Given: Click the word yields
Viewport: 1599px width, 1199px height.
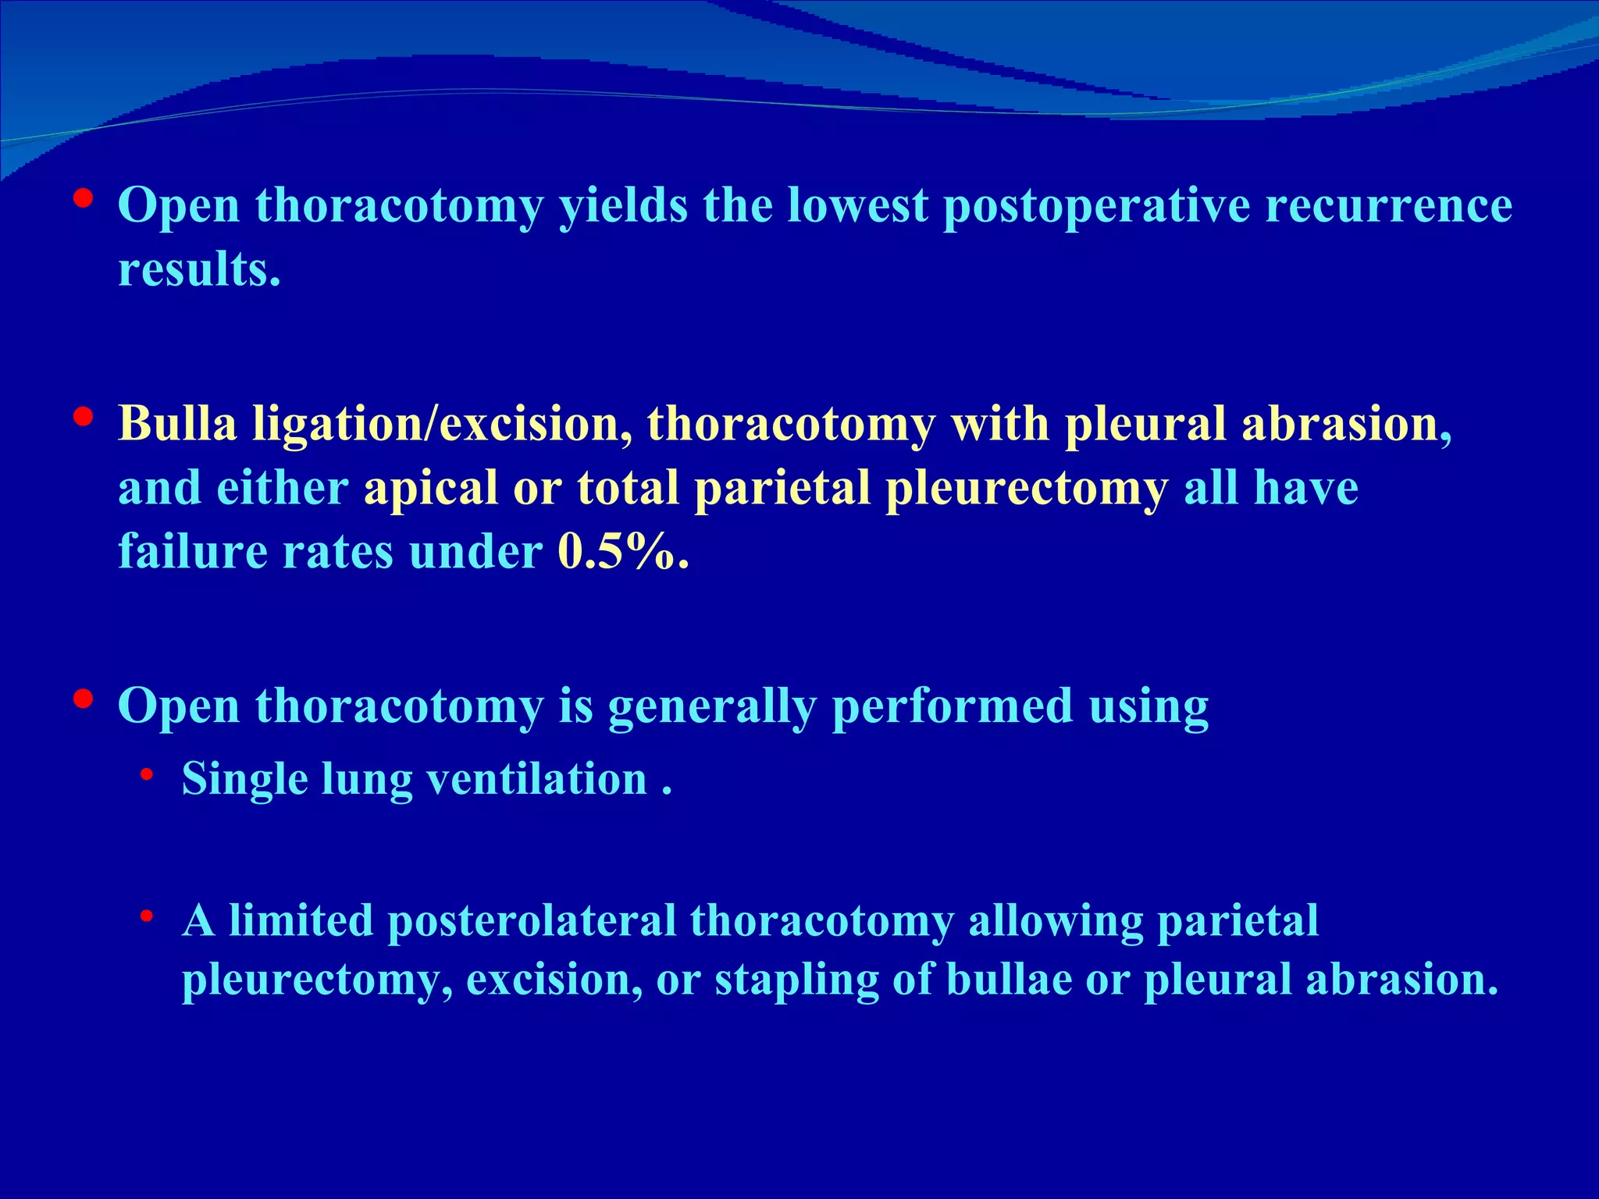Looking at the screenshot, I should point(622,206).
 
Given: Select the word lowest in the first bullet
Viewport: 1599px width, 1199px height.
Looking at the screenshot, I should point(857,206).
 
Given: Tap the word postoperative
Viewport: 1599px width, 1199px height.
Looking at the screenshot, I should point(1096,206).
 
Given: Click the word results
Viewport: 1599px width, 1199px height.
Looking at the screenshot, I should point(198,270).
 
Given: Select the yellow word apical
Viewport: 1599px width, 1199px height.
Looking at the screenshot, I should point(430,489).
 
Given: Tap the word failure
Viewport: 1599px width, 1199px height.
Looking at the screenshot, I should point(192,552).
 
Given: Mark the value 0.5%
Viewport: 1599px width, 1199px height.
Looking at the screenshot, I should point(622,552).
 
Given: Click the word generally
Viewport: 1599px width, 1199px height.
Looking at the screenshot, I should point(711,707).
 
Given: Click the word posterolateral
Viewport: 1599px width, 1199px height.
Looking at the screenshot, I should point(531,921).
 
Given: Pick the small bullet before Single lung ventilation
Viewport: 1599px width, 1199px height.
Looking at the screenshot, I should point(146,775).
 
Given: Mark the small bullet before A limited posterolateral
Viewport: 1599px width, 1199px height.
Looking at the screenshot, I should point(146,916).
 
